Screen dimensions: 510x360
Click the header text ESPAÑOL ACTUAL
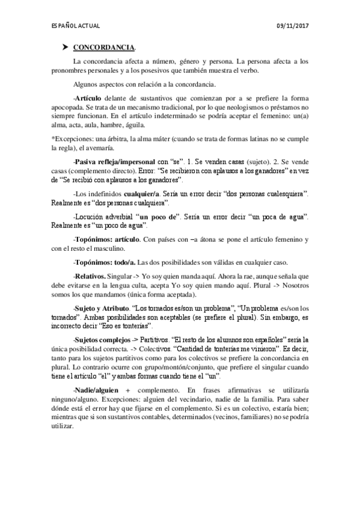pos(75,26)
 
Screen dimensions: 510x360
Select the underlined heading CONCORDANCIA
pos(105,48)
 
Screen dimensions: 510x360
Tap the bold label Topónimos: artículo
pos(106,239)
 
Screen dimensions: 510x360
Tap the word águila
pos(133,125)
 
